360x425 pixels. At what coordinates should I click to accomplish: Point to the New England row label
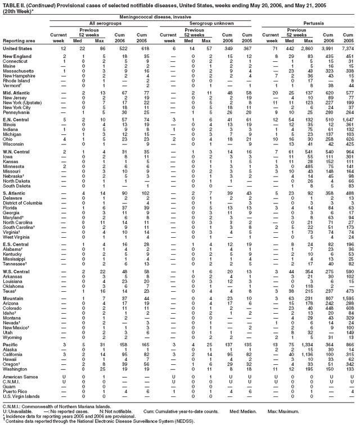tap(17, 57)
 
